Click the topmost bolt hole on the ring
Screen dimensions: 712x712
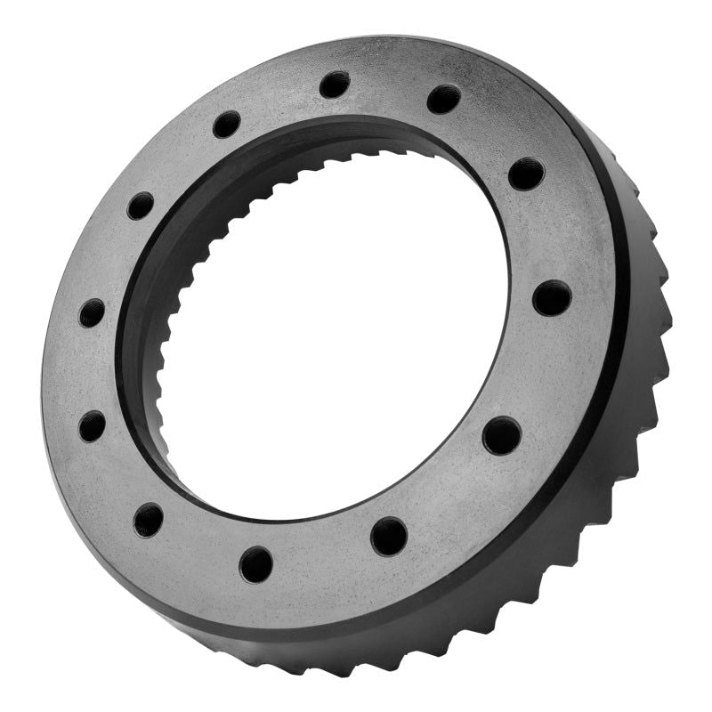335,85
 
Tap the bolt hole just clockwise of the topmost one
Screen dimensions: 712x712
443,99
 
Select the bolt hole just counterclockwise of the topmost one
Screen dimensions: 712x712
227,124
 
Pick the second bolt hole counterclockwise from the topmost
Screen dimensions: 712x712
141,206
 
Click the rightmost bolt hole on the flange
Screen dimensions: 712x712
552,297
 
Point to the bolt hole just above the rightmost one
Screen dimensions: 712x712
526,173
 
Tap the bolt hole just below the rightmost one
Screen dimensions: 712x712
502,435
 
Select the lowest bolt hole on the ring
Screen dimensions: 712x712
256,564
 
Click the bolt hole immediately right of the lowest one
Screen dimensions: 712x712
389,536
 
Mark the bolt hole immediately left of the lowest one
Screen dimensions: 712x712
149,520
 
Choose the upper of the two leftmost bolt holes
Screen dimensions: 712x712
92,313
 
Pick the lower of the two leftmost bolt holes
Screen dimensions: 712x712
92,426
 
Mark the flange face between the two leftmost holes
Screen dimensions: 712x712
89,369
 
